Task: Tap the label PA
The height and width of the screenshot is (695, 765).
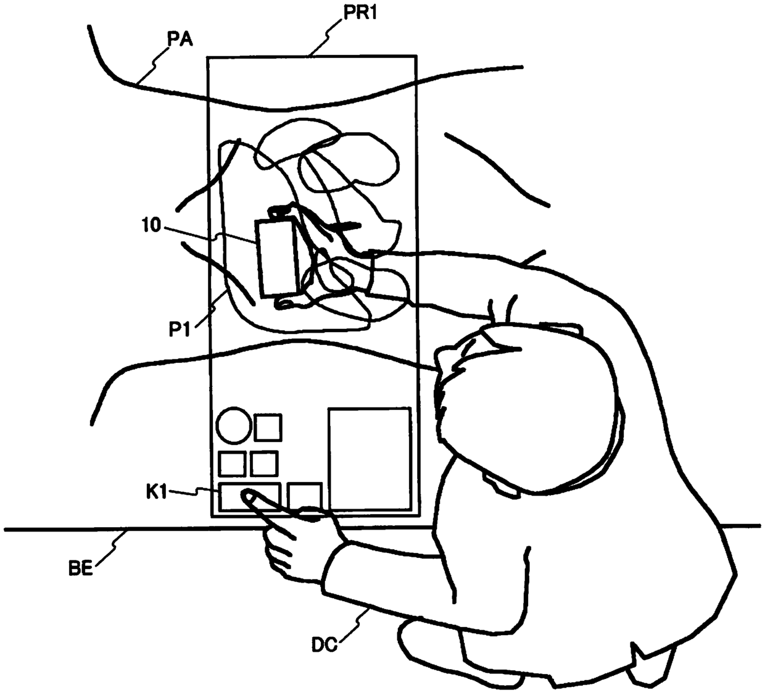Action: coord(180,40)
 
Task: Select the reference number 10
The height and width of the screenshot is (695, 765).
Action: coord(151,225)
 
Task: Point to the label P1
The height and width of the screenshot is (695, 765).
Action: coord(180,330)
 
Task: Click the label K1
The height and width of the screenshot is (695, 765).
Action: coord(157,493)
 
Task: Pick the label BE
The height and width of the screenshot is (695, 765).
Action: coord(80,568)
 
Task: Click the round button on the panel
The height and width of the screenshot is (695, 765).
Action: coord(234,425)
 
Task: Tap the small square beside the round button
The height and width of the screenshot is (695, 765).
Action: coord(268,428)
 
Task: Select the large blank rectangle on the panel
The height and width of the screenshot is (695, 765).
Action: coord(370,459)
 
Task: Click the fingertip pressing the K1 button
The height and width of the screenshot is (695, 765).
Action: coord(246,495)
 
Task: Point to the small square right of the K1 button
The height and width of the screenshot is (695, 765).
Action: coord(305,496)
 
